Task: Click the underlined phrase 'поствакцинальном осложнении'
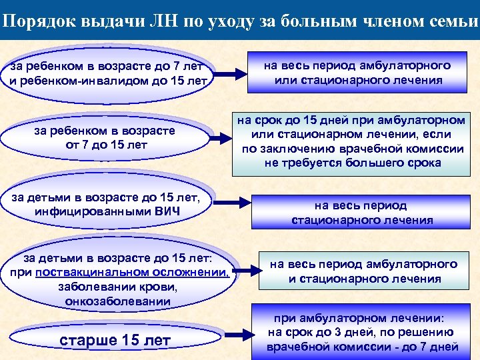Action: click(133, 273)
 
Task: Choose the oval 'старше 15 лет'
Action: click(115, 341)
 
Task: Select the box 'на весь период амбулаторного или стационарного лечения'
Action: click(357, 73)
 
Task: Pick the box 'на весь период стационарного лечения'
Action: click(362, 213)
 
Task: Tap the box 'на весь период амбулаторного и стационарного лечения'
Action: click(363, 271)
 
